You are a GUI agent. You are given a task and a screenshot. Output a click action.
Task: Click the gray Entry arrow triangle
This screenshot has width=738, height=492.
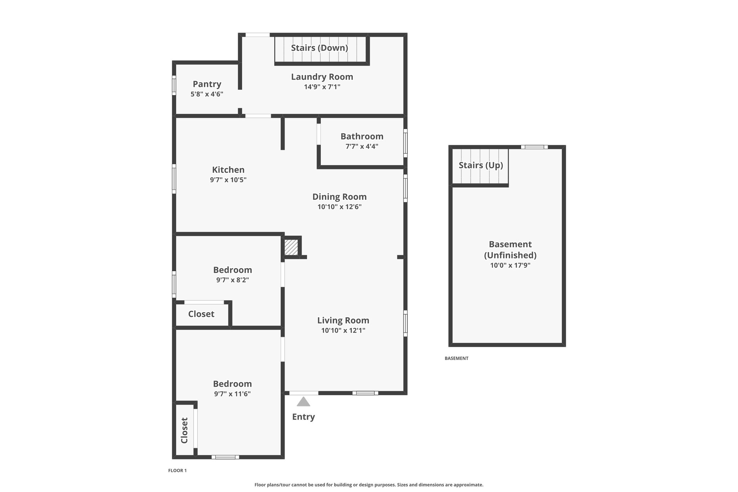pos(303,402)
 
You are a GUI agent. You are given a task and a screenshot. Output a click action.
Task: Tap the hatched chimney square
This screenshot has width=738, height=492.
pos(291,248)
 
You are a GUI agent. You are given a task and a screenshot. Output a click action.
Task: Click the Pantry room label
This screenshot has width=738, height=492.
pos(207,84)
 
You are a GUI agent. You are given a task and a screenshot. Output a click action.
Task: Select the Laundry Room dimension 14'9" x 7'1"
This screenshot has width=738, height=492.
pos(322,87)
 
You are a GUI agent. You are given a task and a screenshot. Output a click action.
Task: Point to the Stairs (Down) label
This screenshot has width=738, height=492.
pos(319,48)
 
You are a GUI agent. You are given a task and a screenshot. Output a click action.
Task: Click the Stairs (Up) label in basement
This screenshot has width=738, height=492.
pos(481,165)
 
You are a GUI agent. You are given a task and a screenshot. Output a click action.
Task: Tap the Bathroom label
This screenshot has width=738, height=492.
pos(362,136)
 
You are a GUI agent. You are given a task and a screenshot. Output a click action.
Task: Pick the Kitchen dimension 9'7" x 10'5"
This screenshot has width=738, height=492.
pos(228,180)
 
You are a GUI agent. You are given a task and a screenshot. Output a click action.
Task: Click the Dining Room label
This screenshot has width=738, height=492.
pos(339,197)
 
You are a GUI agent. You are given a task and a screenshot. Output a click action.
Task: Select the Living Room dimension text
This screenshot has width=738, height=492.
pos(343,331)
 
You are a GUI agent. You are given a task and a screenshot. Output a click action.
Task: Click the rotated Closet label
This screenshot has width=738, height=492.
pos(184,430)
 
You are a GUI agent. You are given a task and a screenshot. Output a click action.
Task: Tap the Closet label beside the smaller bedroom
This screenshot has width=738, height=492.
pos(201,314)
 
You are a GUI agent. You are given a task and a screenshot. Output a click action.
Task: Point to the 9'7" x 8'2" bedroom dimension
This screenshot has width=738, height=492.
pos(232,280)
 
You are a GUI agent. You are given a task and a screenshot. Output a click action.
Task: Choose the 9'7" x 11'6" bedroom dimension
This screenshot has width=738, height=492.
pos(232,394)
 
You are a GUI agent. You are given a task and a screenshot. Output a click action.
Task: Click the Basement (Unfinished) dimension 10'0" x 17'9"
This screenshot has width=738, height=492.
pos(510,266)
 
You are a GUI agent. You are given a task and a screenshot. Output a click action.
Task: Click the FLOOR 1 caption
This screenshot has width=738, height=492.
pos(177,470)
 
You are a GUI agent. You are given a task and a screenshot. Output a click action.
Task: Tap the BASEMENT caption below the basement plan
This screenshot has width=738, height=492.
pos(456,358)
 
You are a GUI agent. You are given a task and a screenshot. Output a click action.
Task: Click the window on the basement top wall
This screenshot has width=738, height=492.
pos(534,147)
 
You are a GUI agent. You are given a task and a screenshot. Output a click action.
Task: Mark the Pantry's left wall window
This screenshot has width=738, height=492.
pos(174,85)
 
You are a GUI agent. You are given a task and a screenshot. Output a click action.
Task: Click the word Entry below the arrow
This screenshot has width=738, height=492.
pos(303,417)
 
